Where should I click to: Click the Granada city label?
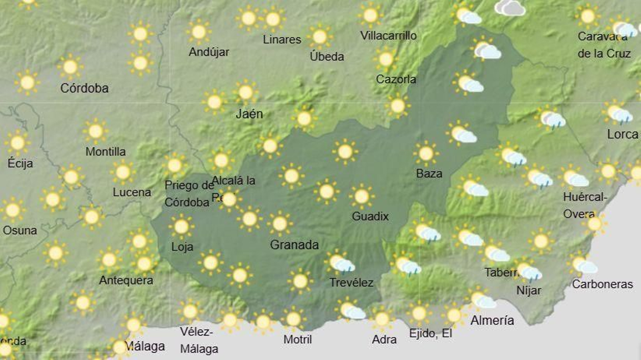coord(294,245)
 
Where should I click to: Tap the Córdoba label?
coord(84,88)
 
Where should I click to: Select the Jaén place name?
coord(249,114)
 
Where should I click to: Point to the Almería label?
coord(492,320)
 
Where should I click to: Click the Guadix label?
coord(370,216)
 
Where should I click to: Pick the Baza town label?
coord(429,173)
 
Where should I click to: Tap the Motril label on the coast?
coord(297,340)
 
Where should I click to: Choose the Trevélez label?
coord(351,283)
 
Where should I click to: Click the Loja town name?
coord(182,247)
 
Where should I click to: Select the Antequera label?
coord(126,280)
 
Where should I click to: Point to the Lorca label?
coord(622,134)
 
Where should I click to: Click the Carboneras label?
coord(602,284)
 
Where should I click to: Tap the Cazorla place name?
coord(396,79)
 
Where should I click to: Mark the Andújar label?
coord(209,52)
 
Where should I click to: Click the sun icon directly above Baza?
coord(425,153)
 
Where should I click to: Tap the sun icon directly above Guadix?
coord(361,196)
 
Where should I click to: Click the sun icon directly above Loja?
coord(181,227)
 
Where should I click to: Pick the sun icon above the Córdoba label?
coord(70,67)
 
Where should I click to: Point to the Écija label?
coord(20,163)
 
